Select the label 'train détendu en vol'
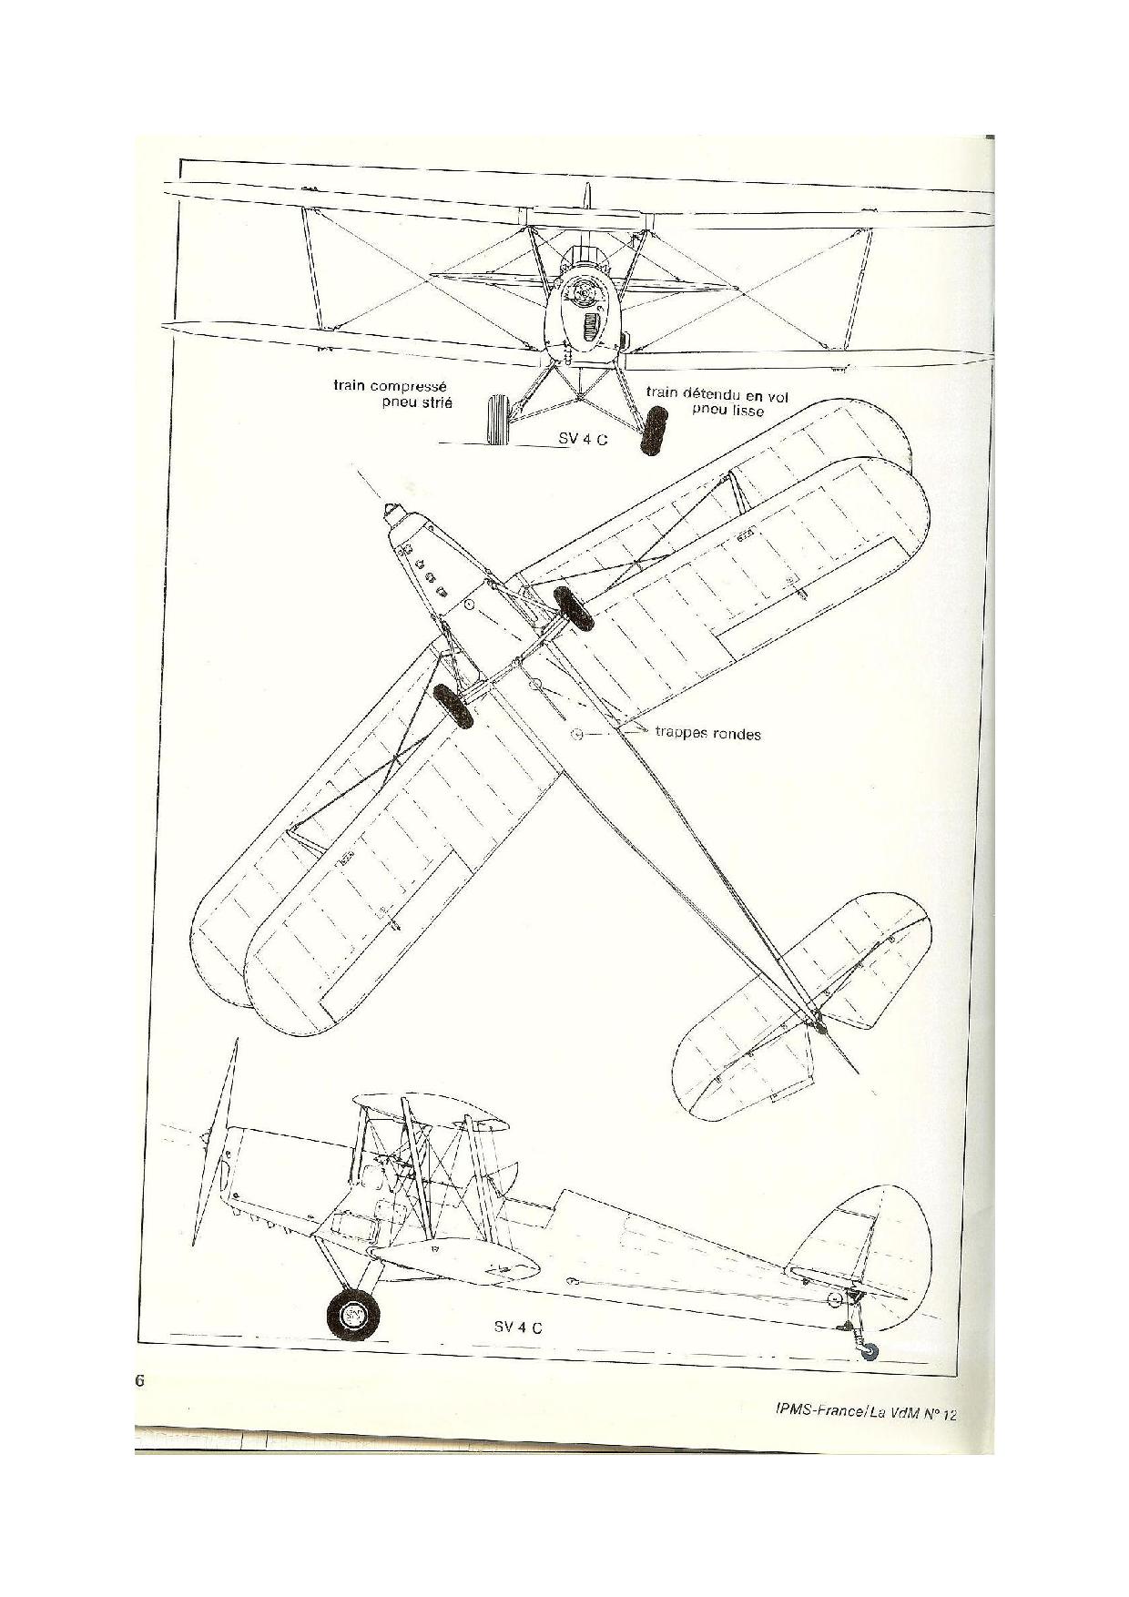[717, 394]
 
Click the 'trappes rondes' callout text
[707, 733]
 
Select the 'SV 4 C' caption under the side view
[518, 1327]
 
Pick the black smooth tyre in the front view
[653, 431]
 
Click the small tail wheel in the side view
[870, 1353]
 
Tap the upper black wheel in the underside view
[575, 607]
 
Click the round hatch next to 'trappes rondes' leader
[576, 732]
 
